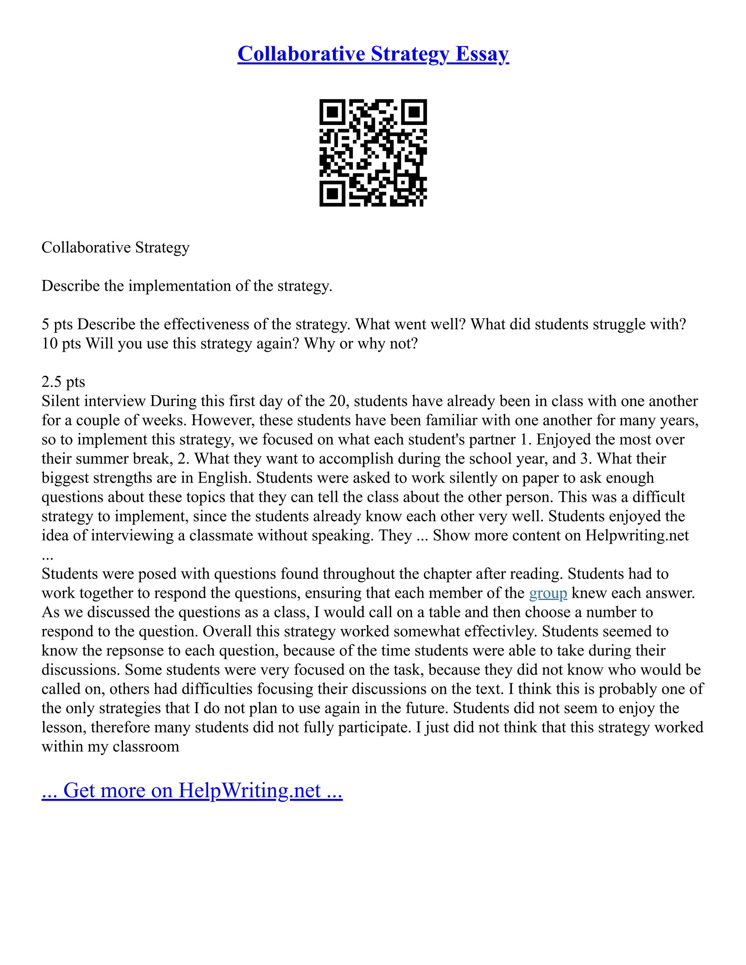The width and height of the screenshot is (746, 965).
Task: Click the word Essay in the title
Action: click(x=482, y=54)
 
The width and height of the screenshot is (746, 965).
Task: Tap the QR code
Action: click(x=373, y=153)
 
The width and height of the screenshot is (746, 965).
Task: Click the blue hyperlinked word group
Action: click(x=547, y=593)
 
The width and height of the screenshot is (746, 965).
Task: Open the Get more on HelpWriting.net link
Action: click(x=192, y=791)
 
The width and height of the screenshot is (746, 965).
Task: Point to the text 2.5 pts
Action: click(x=63, y=382)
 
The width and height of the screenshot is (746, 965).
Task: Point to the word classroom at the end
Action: click(x=145, y=747)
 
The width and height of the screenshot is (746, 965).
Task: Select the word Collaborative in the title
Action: click(x=301, y=54)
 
